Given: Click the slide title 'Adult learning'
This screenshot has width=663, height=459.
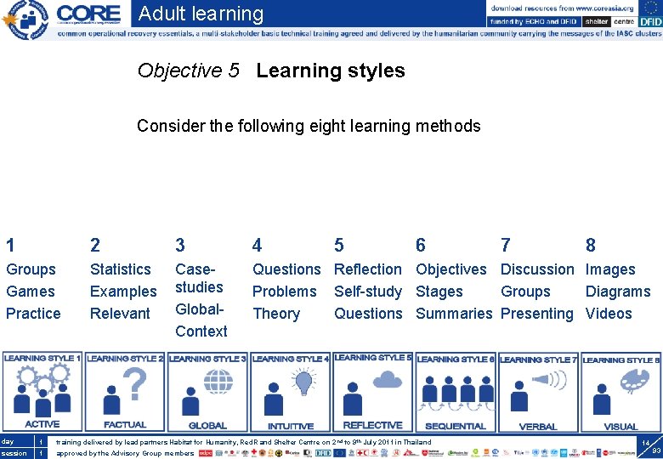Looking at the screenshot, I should click(201, 14).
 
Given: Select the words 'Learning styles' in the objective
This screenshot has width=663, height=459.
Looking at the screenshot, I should click(330, 71).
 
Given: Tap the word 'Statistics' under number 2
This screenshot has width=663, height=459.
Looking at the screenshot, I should click(120, 269).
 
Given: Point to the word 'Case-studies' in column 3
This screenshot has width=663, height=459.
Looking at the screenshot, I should click(199, 278).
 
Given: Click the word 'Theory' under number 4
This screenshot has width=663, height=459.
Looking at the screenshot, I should click(276, 314).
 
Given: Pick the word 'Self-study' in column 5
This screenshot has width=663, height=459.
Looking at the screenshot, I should click(367, 292).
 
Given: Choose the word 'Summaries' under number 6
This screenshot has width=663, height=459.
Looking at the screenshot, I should click(454, 314).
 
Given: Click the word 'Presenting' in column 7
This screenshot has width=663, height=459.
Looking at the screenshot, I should click(537, 314).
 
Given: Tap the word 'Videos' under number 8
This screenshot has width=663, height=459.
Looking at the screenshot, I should click(609, 314).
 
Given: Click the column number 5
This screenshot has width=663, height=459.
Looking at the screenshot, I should click(339, 246).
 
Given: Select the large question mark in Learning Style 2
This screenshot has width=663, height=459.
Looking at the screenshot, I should click(134, 385).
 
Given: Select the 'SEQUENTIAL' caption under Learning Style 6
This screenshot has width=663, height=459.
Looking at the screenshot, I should click(455, 427).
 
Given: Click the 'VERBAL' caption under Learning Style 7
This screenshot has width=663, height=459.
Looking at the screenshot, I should click(537, 427).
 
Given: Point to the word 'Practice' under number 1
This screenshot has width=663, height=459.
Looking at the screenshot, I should click(33, 314).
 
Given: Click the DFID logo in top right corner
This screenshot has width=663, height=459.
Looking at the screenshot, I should click(640, 21).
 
